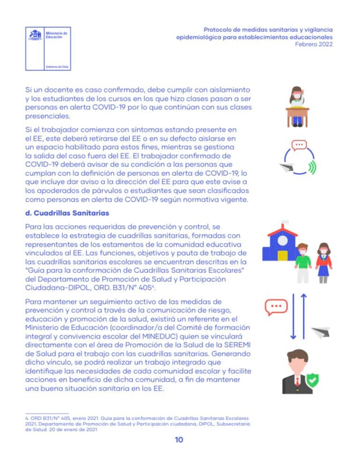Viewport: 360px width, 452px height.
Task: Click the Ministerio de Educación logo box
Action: pos(48,49)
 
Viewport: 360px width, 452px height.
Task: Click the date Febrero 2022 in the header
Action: pos(314,44)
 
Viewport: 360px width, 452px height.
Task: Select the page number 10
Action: pos(179,440)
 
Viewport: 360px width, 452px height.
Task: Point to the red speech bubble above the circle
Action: pos(299,145)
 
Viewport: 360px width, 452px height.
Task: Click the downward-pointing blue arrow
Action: pos(293,316)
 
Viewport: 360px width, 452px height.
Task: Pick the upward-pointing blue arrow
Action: pos(303,316)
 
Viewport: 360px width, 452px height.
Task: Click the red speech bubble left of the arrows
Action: pos(276,307)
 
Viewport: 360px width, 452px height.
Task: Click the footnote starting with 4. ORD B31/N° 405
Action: pos(136,423)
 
